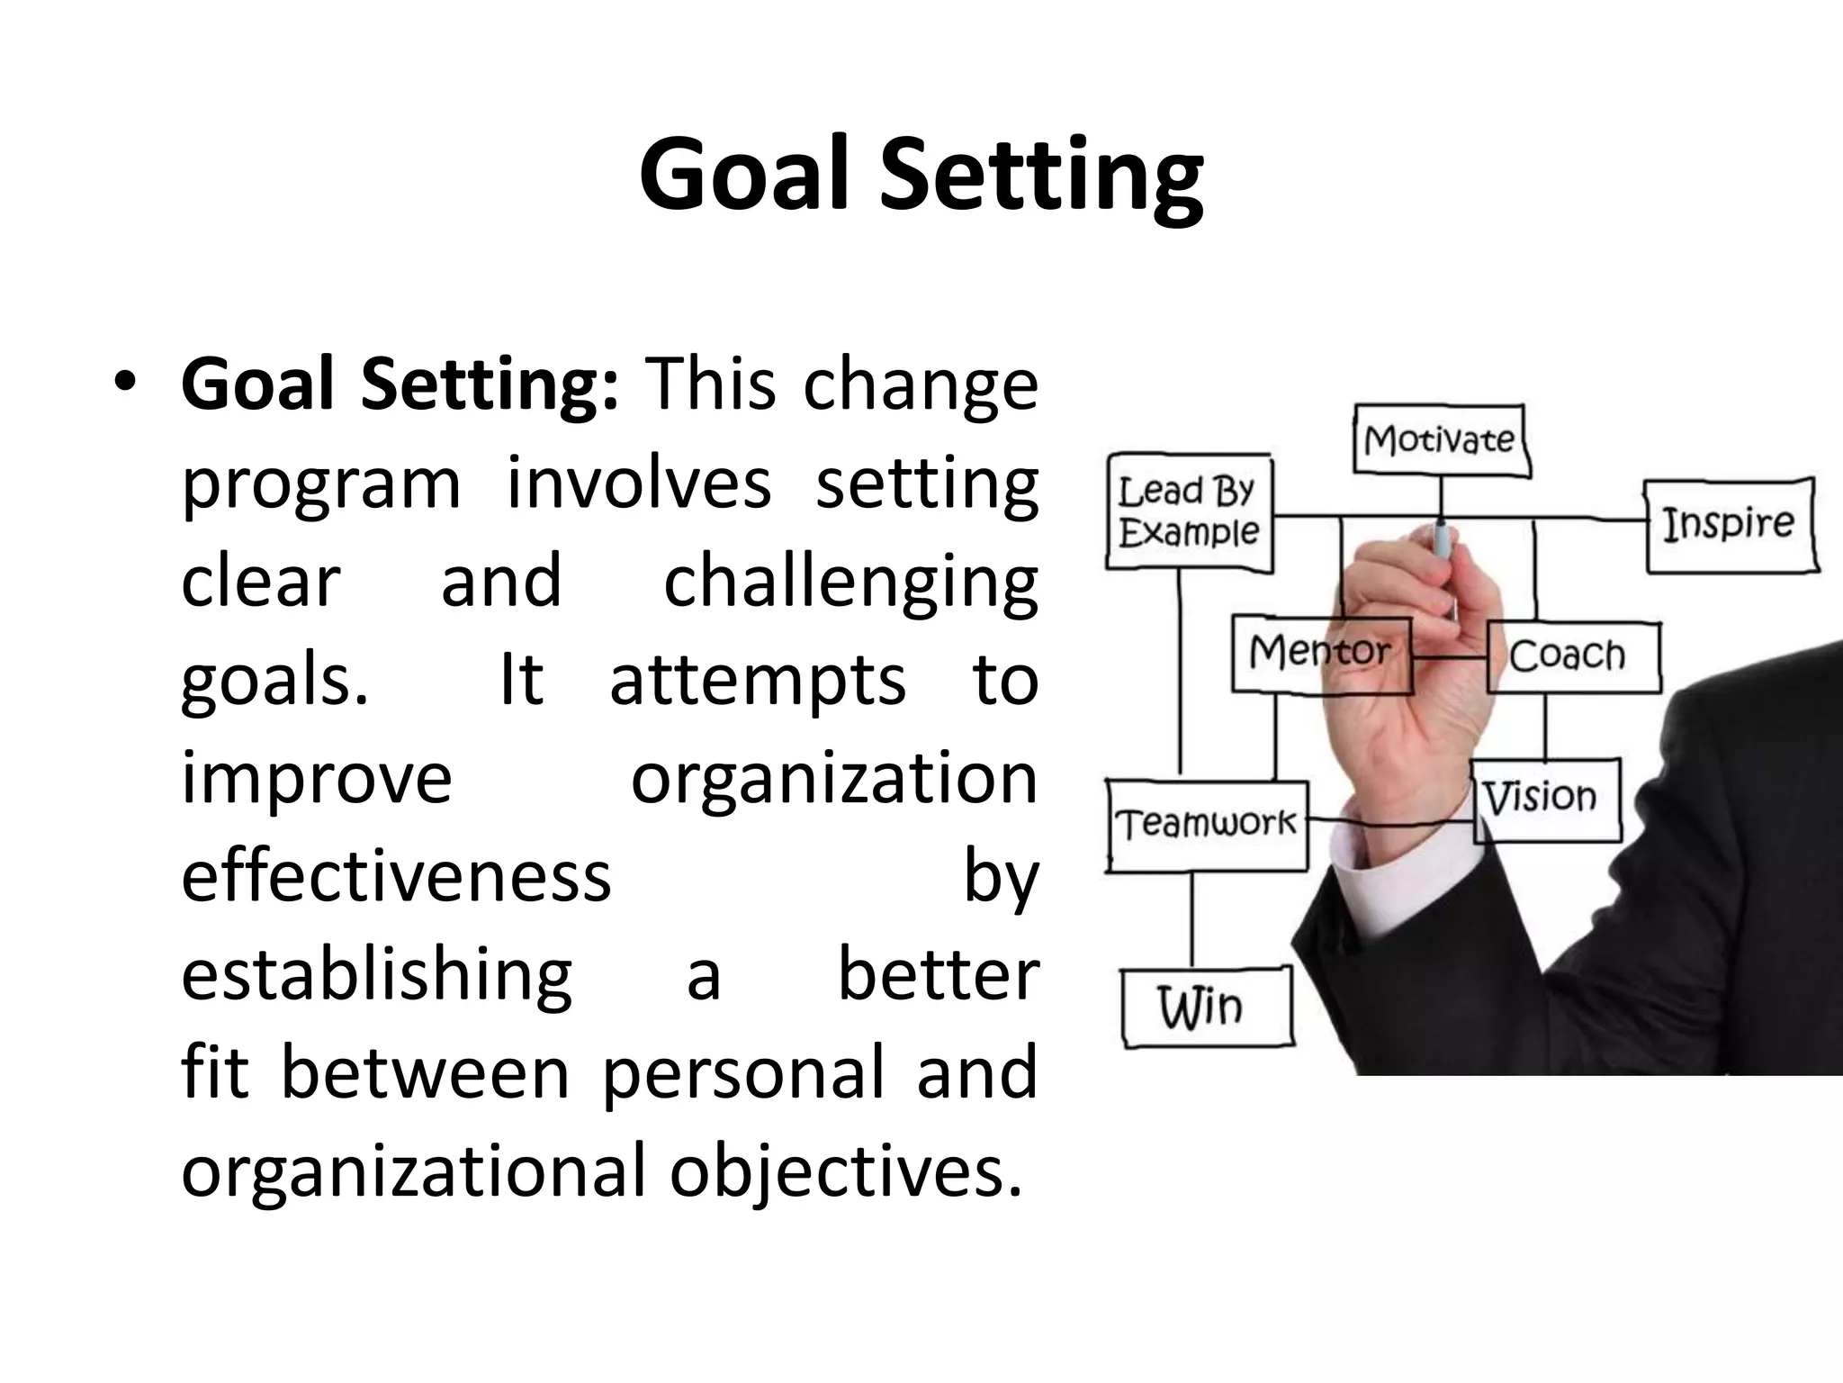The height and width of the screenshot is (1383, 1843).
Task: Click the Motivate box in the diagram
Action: coord(1440,440)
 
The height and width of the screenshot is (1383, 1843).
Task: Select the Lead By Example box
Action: coord(1188,511)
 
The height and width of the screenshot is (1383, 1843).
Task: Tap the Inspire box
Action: coord(1729,525)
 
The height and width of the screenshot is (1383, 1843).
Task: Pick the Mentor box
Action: coord(1319,652)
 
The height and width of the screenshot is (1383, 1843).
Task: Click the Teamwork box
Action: coord(1206,823)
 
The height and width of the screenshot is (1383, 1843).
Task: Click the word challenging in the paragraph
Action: coord(850,583)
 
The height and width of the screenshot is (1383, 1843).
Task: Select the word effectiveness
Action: coord(396,877)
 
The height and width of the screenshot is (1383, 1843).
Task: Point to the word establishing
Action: coord(376,976)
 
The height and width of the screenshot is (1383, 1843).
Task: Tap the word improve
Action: coord(316,779)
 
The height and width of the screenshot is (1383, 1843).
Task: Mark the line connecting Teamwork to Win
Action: coord(1192,920)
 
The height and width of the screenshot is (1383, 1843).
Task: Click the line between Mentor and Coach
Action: coord(1449,657)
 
